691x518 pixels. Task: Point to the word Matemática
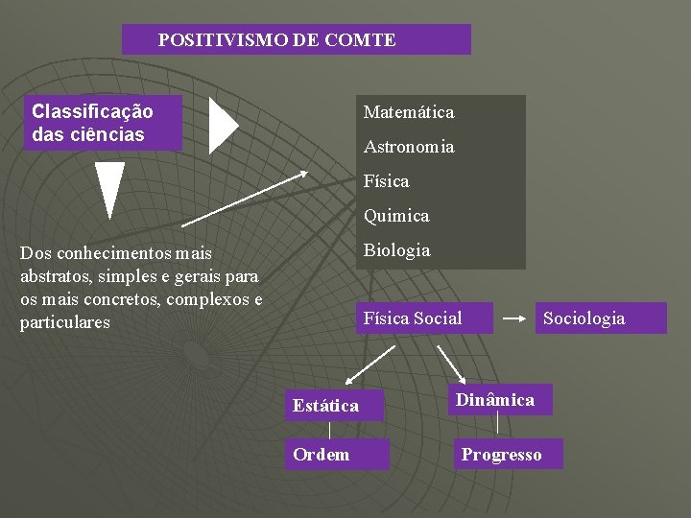click(408, 112)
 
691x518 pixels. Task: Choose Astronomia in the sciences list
click(408, 147)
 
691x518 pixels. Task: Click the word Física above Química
click(386, 181)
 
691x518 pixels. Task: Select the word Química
click(395, 216)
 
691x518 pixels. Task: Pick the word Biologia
click(396, 250)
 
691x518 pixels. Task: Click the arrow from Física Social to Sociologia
click(514, 318)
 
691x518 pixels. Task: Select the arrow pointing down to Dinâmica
click(450, 364)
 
